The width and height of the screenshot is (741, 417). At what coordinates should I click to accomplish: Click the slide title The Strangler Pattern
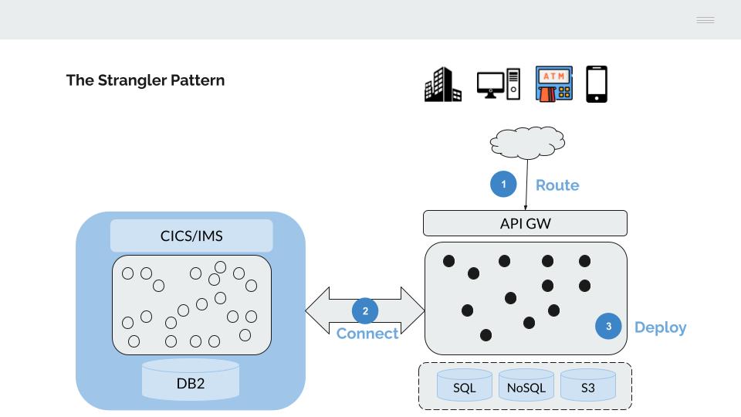(x=145, y=80)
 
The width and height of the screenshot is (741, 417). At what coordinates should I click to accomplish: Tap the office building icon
(x=443, y=85)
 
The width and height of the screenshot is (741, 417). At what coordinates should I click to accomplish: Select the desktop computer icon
(x=498, y=85)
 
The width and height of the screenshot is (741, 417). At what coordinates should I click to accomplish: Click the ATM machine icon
(x=554, y=84)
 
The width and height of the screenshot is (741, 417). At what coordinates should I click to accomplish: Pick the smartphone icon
(x=597, y=84)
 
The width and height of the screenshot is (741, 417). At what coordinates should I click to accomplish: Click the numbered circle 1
(x=503, y=185)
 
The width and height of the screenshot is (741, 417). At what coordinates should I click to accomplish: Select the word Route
(x=557, y=185)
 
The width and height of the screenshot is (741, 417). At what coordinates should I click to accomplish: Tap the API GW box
(x=525, y=224)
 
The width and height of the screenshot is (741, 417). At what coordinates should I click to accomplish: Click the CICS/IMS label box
(x=191, y=236)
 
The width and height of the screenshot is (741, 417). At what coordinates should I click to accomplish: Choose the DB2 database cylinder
(x=191, y=380)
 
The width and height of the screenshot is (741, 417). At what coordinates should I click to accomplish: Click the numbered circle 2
(x=365, y=311)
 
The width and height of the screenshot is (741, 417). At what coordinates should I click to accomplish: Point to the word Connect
(x=367, y=334)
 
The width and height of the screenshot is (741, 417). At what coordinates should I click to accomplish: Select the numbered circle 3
(x=608, y=327)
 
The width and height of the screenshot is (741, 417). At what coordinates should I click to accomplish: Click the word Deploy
(x=660, y=327)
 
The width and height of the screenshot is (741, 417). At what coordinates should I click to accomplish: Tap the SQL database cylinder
(x=465, y=385)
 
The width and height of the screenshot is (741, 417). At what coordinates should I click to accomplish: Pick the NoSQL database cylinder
(x=526, y=385)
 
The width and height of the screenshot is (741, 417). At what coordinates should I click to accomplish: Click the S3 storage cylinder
(x=588, y=385)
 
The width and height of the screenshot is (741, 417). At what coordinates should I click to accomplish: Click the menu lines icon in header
(x=705, y=20)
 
